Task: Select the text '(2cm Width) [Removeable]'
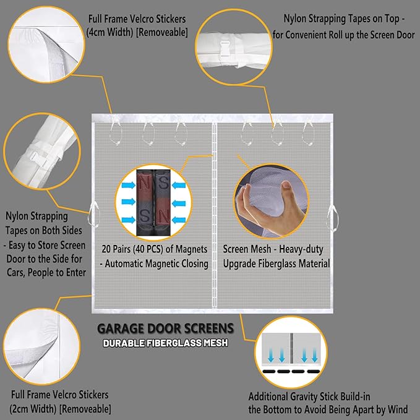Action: pos(60,408)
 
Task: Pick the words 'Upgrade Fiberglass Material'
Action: pos(276,264)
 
